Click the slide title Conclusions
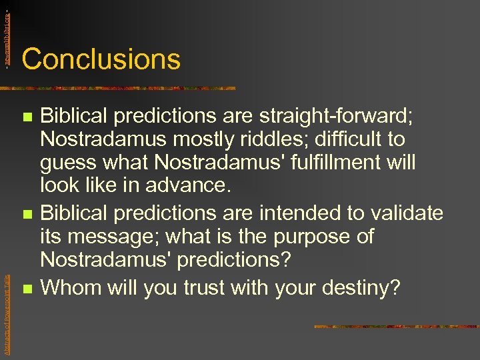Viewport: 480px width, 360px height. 101,59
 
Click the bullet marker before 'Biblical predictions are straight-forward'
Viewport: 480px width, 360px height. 27,117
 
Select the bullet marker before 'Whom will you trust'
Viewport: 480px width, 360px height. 27,289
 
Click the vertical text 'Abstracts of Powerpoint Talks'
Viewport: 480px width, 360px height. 7,306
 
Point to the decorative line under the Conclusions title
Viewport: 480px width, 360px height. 120,88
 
